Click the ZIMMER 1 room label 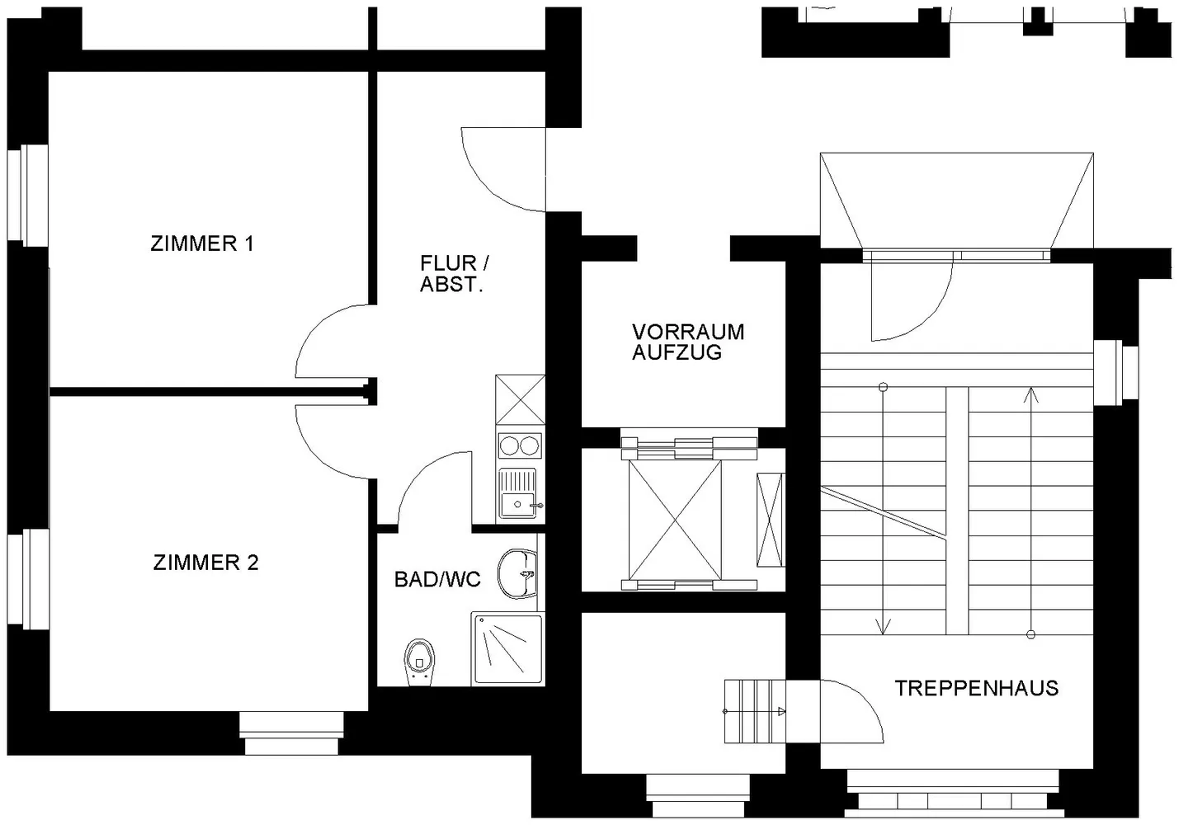202,243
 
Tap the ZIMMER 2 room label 205,563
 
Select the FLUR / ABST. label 455,273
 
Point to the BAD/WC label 437,579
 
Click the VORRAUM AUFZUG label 688,342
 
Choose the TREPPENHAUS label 977,688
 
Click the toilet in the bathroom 419,662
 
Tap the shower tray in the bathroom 507,648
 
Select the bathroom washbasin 517,574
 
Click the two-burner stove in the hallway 520,446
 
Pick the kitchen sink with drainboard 520,494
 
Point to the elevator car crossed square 675,521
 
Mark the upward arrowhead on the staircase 1030,394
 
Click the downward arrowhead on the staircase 883,626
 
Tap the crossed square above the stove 520,400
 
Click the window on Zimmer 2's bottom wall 291,733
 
